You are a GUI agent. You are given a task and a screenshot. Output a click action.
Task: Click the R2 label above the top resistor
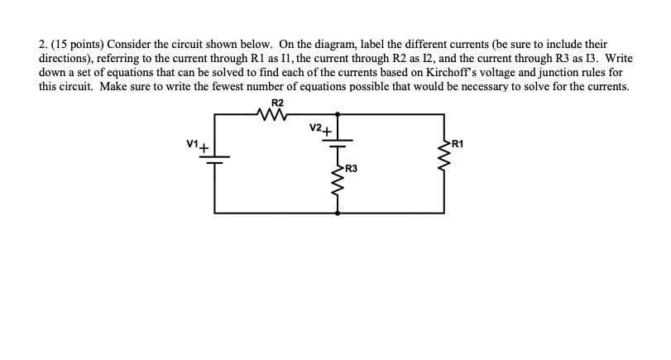click(277, 103)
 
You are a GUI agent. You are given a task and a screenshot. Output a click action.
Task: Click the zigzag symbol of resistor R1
click(444, 153)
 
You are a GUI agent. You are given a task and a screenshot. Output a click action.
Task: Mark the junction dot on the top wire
click(338, 115)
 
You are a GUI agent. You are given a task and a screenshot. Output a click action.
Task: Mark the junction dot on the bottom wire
click(338, 213)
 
